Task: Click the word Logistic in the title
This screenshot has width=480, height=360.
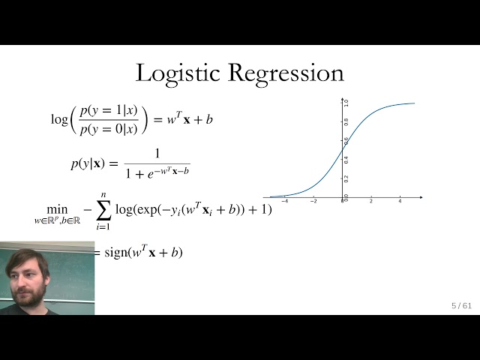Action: tap(178, 73)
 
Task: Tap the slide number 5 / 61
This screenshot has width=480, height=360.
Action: tap(461, 305)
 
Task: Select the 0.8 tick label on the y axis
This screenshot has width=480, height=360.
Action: tap(346, 121)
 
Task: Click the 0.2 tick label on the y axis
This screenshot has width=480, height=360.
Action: tap(346, 178)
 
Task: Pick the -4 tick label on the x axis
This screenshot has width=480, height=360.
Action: tap(284, 201)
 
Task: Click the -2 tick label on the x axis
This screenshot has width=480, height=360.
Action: tap(313, 201)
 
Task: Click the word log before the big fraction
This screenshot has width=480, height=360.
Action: tap(59, 119)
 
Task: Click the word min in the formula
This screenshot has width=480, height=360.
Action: tap(56, 209)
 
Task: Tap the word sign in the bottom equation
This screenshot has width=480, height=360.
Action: tap(116, 253)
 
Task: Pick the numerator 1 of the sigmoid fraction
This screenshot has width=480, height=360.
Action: tap(157, 154)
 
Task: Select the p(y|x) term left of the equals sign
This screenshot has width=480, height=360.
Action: tap(85, 163)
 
